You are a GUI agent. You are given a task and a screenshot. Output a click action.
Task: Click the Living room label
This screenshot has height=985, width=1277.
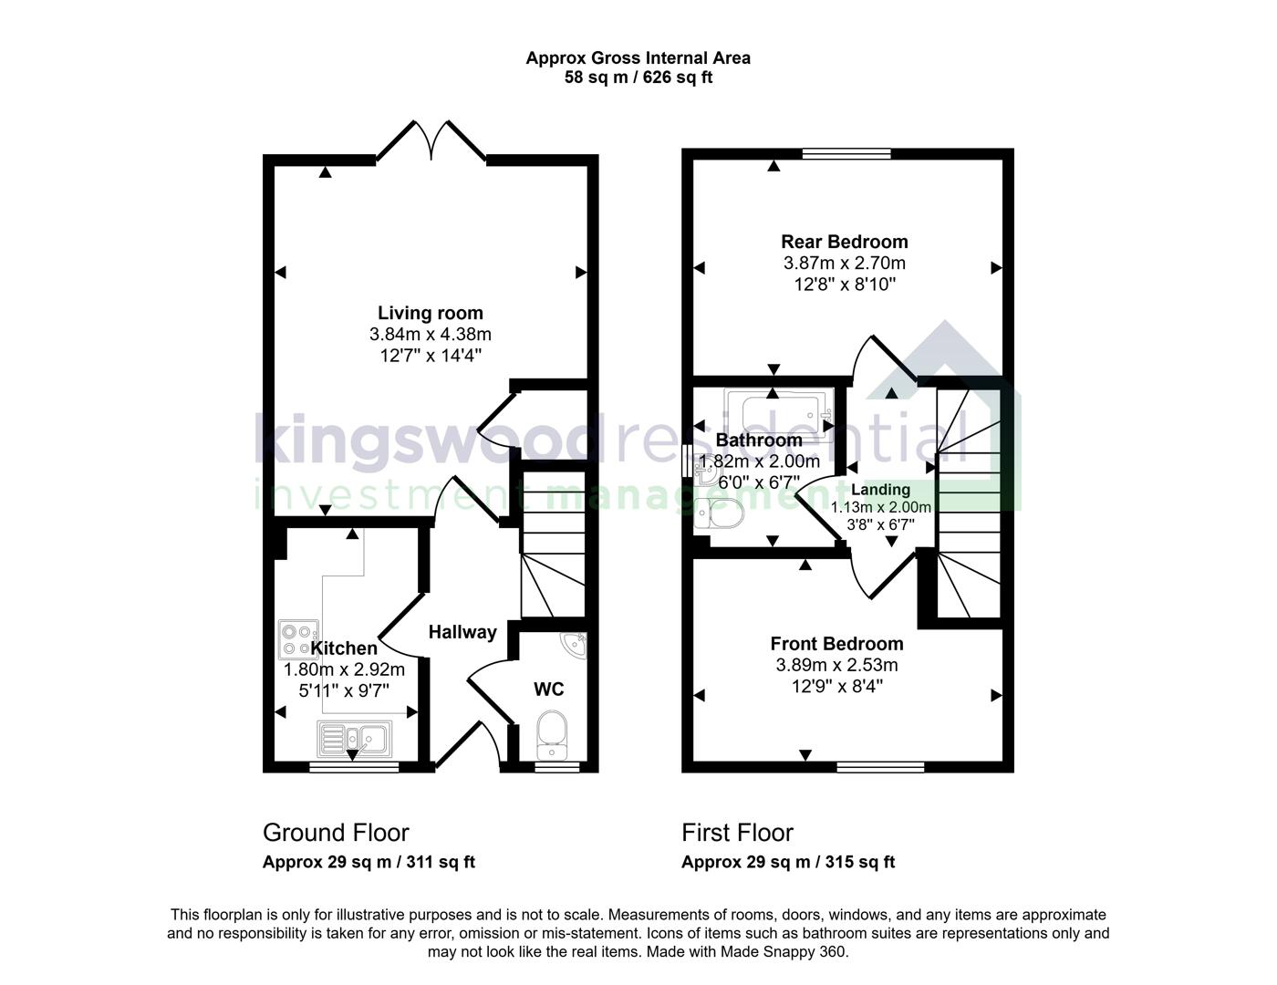[x=431, y=313]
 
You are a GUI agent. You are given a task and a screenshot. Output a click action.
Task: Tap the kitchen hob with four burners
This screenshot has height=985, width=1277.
[x=298, y=639]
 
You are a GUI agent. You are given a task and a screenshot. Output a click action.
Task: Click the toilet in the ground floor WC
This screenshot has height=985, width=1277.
[x=552, y=733]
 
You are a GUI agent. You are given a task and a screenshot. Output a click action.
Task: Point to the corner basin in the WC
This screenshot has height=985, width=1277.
[x=576, y=645]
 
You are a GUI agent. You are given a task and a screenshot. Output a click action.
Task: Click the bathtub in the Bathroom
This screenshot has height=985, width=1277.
[x=778, y=415]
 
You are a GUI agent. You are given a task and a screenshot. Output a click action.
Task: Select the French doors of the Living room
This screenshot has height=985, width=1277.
[x=431, y=141]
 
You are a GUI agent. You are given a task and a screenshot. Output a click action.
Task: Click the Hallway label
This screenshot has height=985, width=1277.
[x=462, y=631]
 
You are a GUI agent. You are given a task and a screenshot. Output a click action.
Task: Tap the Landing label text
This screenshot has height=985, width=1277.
[x=880, y=490]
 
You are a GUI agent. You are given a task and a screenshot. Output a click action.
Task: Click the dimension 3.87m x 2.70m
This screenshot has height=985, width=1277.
[x=845, y=263]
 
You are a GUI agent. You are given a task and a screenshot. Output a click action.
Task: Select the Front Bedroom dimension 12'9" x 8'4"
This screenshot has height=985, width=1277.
[x=836, y=686]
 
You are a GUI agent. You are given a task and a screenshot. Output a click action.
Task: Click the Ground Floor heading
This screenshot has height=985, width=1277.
[x=336, y=833]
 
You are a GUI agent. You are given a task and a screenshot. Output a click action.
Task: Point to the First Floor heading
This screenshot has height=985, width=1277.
[x=737, y=833]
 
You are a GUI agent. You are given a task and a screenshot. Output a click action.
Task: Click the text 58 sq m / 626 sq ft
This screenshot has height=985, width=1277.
[x=638, y=78]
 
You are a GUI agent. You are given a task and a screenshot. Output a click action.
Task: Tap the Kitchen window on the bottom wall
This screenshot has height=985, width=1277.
[x=354, y=767]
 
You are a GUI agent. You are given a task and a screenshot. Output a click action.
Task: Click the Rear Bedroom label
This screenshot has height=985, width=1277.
[x=845, y=242]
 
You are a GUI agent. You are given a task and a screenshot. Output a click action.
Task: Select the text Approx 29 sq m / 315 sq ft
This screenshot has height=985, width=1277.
[x=788, y=862]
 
